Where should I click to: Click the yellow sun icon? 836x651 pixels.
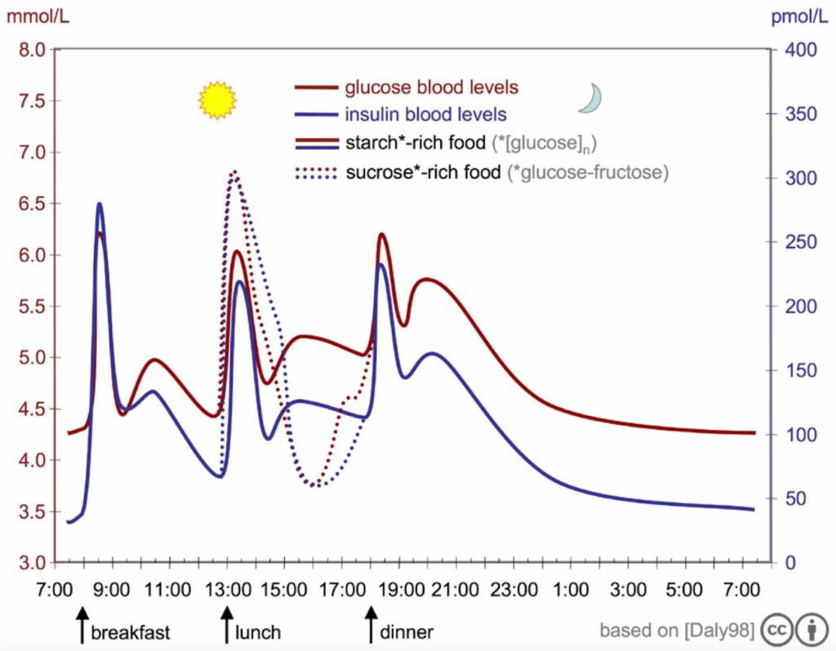[217, 100]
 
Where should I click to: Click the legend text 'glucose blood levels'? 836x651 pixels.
[431, 87]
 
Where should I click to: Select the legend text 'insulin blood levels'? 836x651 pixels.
[425, 114]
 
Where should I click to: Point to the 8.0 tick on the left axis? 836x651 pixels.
[30, 50]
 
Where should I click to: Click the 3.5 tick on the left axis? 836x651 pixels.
[30, 512]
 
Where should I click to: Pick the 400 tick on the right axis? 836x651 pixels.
[800, 50]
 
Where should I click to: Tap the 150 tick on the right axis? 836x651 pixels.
[800, 371]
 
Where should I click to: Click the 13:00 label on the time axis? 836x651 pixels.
[226, 588]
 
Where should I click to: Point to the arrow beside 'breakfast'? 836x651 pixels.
[81, 626]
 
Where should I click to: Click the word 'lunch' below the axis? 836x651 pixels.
[258, 632]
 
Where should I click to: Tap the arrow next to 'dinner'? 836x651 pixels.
[371, 626]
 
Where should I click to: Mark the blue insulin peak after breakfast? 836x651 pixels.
[100, 204]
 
